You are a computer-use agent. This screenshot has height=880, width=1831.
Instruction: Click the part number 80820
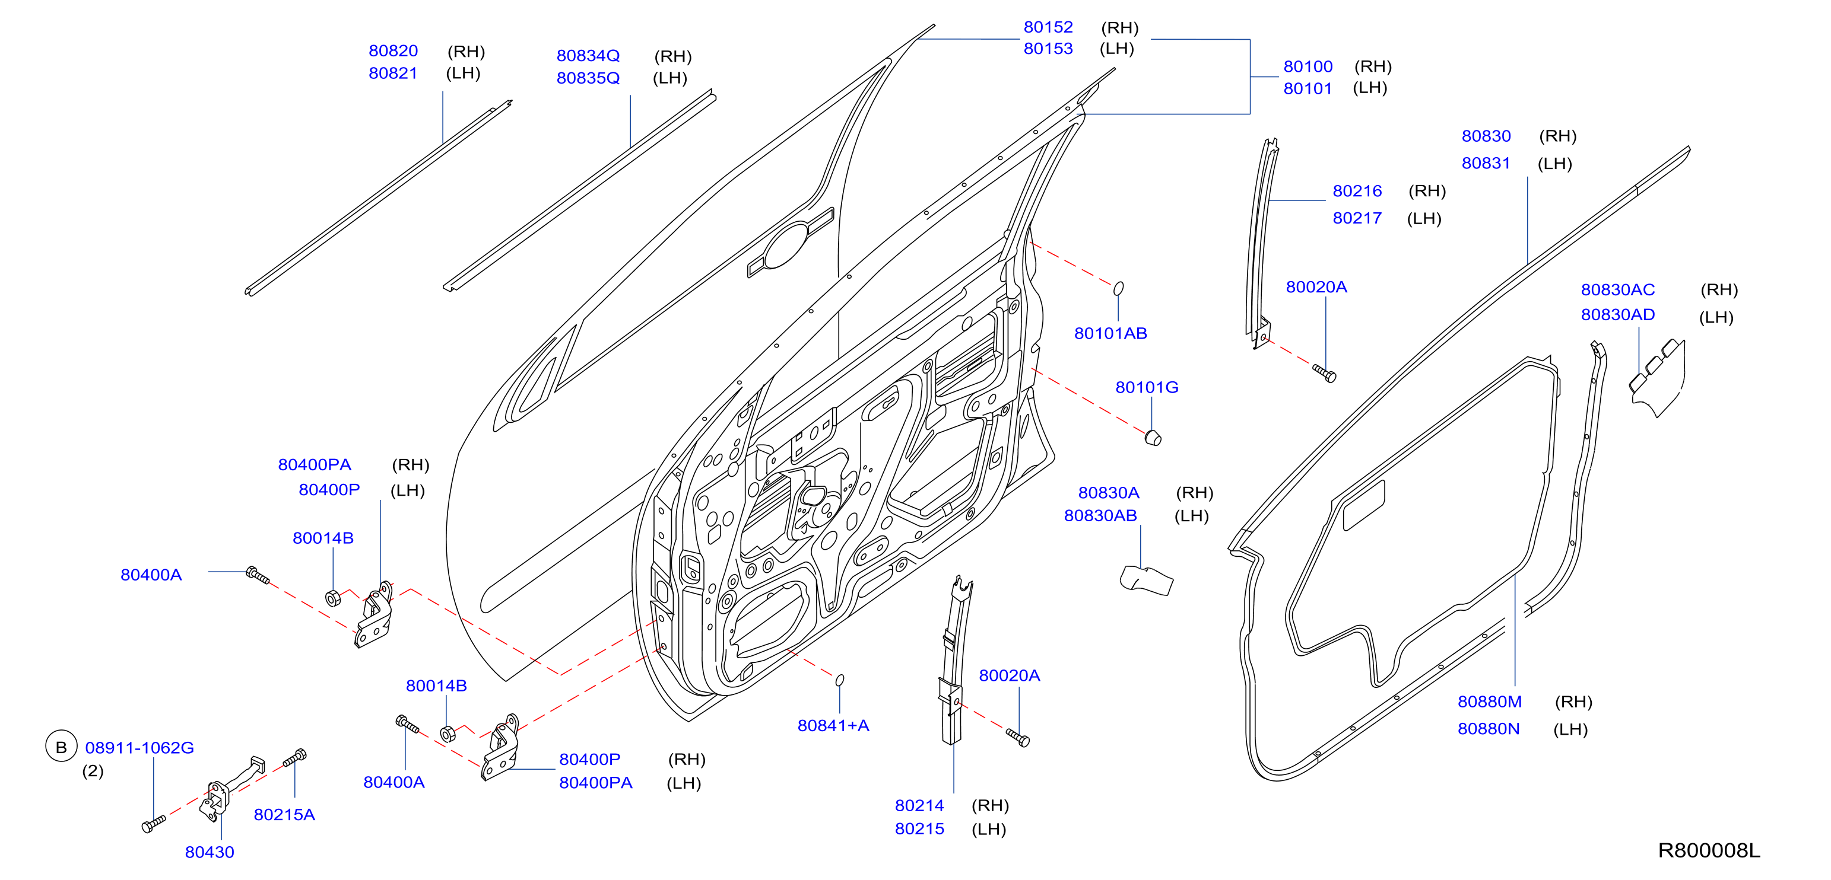(393, 51)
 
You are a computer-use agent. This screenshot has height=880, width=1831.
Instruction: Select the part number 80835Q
(588, 78)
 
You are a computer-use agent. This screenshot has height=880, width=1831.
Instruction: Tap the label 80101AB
(1110, 333)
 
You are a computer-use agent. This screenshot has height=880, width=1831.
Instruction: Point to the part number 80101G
(1147, 387)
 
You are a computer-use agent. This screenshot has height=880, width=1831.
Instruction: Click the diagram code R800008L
(1709, 850)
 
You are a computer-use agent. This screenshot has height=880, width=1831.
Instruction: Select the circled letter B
(61, 747)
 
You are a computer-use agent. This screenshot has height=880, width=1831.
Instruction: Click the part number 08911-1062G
(139, 748)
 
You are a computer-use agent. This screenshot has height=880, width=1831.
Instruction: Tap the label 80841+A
(833, 725)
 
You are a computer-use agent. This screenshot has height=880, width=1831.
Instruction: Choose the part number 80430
(210, 852)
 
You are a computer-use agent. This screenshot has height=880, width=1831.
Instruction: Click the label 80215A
(284, 815)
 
